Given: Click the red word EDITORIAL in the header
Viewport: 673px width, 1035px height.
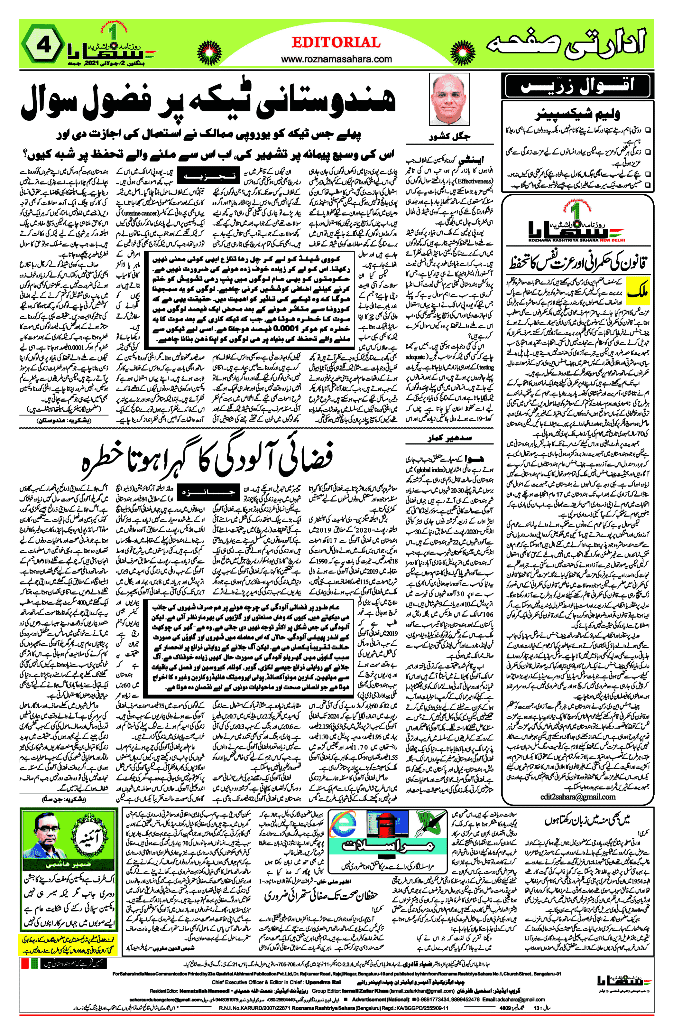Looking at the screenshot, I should point(336,42).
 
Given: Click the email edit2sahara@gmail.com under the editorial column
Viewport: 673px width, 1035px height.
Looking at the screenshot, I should point(578,797).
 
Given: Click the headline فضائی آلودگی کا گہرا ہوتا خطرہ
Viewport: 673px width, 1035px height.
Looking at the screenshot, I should point(208,458).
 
